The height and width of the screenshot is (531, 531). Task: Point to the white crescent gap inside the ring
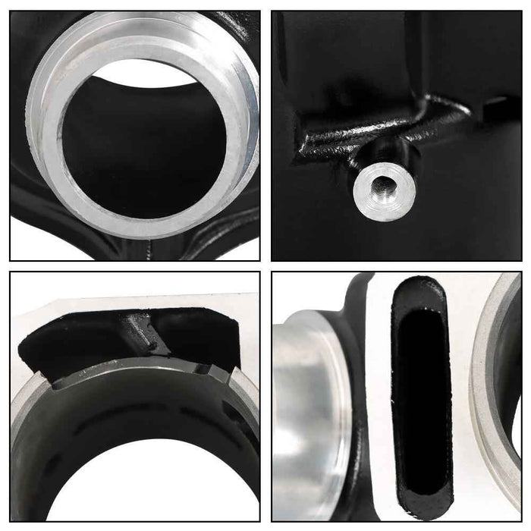152,72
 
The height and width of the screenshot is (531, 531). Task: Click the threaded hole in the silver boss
380,182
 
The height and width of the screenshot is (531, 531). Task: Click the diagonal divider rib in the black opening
144,334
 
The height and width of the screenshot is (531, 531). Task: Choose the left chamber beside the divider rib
68,341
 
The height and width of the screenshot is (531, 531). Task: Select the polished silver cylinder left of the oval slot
307,425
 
